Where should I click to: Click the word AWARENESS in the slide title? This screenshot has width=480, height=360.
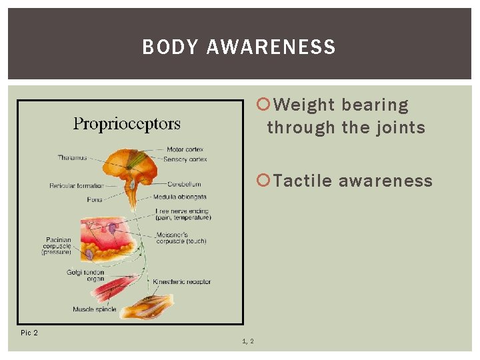coord(271,47)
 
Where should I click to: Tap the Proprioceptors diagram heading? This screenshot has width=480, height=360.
coord(127,124)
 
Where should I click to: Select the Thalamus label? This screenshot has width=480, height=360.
coord(72,158)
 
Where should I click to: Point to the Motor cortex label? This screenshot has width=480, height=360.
coord(185,149)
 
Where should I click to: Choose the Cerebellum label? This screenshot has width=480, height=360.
coord(184,184)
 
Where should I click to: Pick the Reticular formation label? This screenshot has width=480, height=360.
coord(77,185)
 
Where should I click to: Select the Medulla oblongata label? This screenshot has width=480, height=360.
coord(179,197)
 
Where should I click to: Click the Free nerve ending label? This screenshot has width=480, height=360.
coord(183,214)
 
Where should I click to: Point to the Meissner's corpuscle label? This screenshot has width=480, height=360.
coord(180,237)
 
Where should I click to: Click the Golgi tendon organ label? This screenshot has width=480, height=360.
coord(85,275)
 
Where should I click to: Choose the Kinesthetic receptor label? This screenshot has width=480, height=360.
coord(181,282)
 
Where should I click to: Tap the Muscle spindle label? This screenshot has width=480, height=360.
coord(95,309)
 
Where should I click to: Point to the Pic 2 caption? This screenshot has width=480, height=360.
coord(29,333)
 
